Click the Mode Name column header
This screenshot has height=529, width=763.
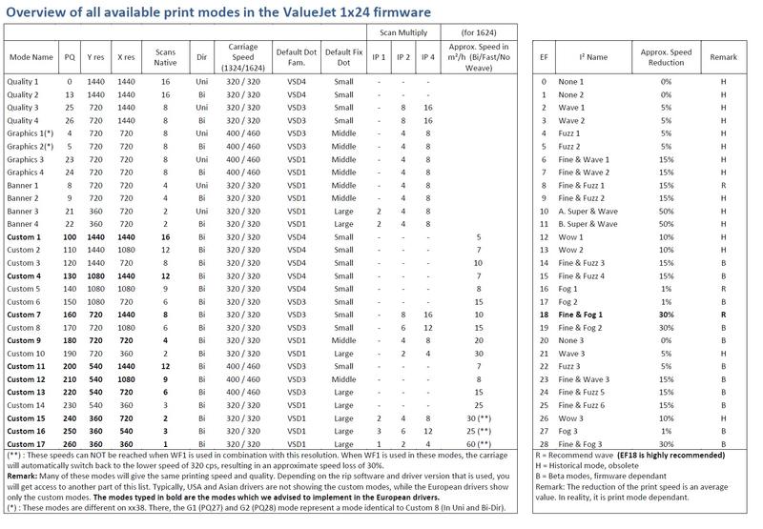pos(31,57)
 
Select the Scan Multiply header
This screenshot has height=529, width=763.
pos(403,32)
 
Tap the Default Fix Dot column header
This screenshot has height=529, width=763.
pos(344,57)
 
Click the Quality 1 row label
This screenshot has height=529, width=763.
pos(22,82)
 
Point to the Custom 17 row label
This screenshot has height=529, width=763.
pos(26,444)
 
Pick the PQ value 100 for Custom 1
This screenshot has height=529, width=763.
pos(70,237)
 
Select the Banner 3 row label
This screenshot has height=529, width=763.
pos(22,212)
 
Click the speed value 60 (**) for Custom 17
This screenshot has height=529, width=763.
pos(479,444)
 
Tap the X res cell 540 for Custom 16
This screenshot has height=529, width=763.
pos(126,431)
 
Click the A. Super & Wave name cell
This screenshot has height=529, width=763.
pos(588,212)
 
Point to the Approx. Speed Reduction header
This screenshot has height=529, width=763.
pos(666,57)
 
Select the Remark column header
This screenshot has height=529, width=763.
pos(724,57)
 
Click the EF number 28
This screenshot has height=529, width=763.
pos(544,444)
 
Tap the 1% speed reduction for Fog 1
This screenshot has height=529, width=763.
pos(666,289)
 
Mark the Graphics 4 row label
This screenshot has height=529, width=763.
pos(26,173)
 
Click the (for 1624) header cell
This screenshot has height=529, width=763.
pos(479,32)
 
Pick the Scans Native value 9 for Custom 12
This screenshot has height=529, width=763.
pos(165,379)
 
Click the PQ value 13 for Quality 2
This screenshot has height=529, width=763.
pos(70,94)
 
